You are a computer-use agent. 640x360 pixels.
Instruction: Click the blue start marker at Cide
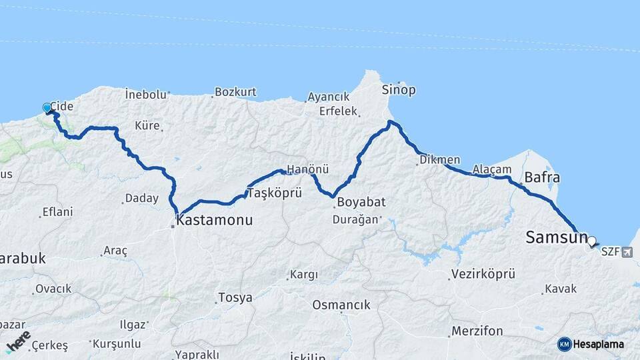click(x=47, y=107)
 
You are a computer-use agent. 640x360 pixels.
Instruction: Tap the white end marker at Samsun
click(x=591, y=241)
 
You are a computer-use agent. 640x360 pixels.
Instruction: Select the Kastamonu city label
click(x=214, y=219)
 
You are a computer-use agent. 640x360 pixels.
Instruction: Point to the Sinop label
click(x=399, y=89)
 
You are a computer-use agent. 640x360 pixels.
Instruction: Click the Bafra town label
click(x=542, y=178)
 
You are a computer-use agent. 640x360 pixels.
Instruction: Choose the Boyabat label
click(x=361, y=202)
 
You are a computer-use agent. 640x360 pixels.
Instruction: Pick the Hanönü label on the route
click(x=307, y=169)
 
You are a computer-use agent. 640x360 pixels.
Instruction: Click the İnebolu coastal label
click(x=145, y=95)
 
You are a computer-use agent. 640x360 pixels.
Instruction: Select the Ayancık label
click(x=329, y=97)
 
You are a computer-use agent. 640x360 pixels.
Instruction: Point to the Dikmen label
click(x=440, y=160)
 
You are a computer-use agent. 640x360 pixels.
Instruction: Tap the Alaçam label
click(x=492, y=170)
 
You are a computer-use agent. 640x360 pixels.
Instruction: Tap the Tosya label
click(x=236, y=297)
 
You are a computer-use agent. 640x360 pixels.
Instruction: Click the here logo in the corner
click(x=18, y=341)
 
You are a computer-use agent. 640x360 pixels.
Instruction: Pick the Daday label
click(x=142, y=198)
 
